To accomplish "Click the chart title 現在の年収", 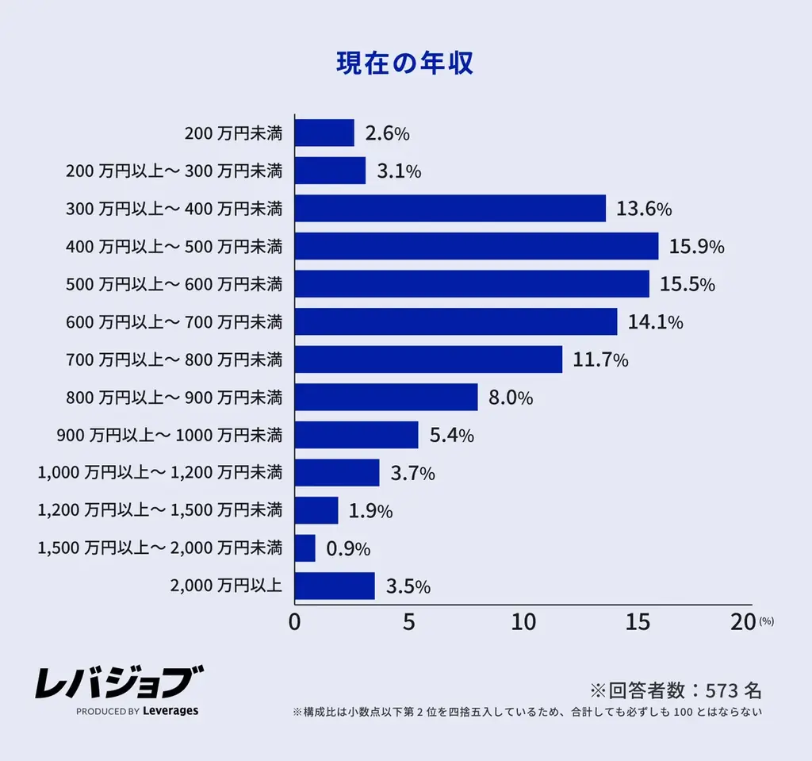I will (x=405, y=63).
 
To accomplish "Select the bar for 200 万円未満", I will (x=324, y=133).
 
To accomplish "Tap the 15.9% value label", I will (x=696, y=247).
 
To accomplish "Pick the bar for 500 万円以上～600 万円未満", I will (x=471, y=284).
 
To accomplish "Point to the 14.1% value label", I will (x=655, y=322).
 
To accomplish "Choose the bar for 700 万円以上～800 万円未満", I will (x=428, y=359).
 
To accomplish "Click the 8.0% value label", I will (x=511, y=398).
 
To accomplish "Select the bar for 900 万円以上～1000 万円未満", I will (x=356, y=435).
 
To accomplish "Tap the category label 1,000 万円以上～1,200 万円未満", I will (x=159, y=473).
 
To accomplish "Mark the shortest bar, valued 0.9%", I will (x=304, y=548).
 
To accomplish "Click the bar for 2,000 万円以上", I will (x=334, y=586).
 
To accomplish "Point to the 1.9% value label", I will (x=370, y=511).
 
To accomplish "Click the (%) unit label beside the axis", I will (x=766, y=622).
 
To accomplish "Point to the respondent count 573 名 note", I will (x=675, y=688).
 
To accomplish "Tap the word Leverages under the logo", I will (x=170, y=711).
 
